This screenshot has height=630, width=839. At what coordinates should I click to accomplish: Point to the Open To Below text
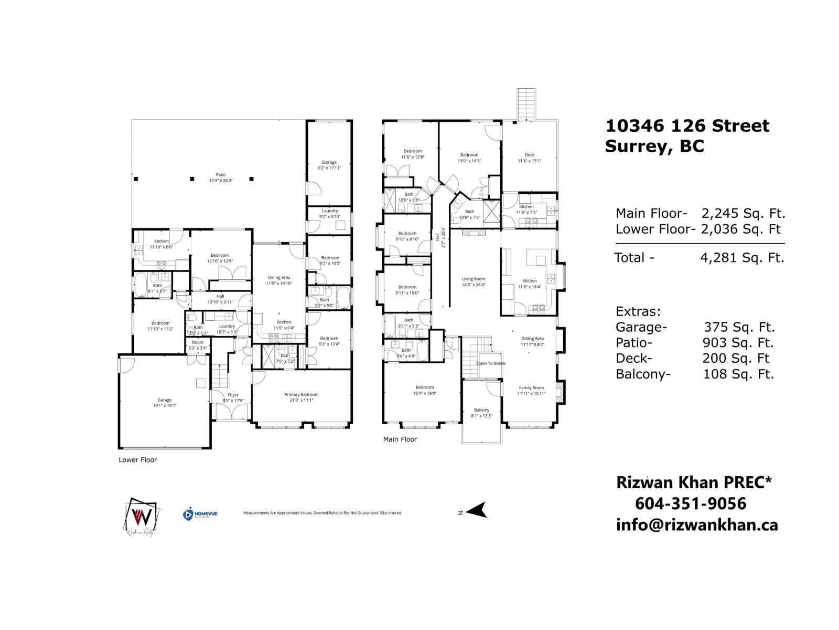tap(491, 363)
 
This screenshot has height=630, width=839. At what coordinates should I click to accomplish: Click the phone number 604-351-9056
tap(690, 504)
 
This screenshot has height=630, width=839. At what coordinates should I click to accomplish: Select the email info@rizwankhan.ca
tap(696, 525)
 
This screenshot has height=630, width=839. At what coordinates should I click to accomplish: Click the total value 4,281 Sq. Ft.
tap(742, 258)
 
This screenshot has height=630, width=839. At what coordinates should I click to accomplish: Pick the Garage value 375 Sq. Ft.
tap(739, 327)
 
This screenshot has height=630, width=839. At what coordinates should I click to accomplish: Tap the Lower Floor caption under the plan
tap(137, 460)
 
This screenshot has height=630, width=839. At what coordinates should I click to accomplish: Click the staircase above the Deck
tap(526, 104)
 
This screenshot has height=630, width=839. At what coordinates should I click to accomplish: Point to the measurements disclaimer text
tap(322, 513)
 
